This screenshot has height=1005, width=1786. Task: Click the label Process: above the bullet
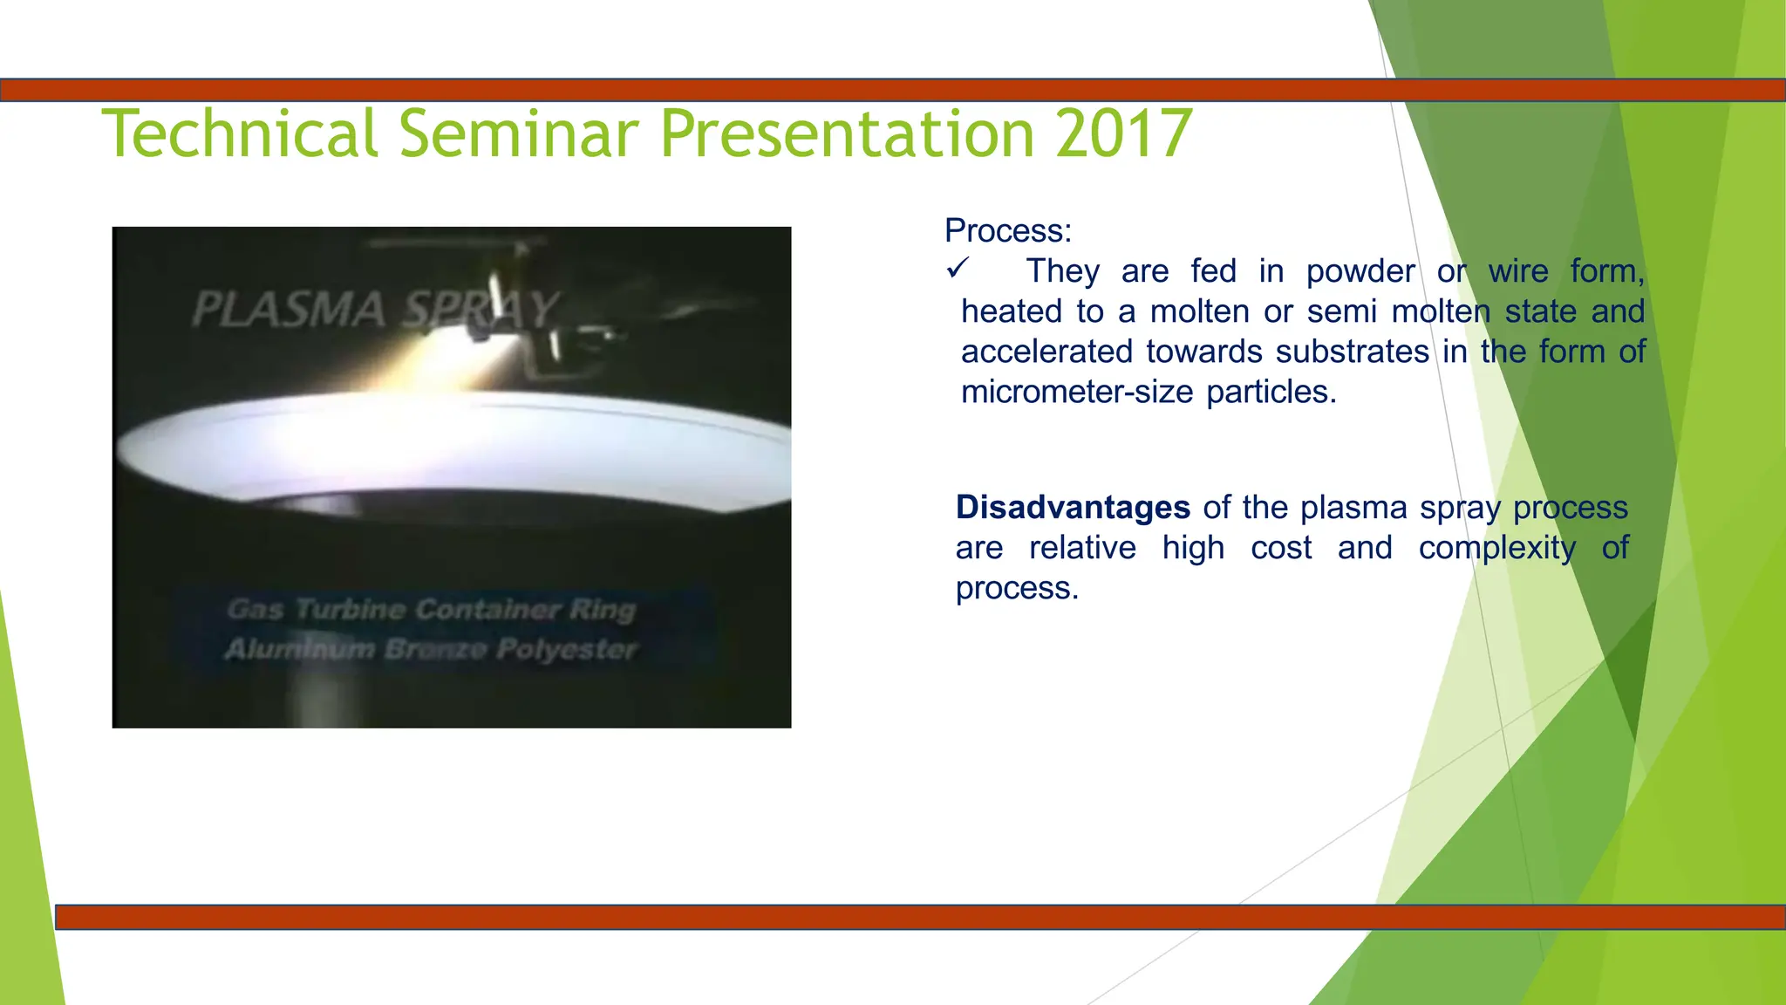click(x=1007, y=230)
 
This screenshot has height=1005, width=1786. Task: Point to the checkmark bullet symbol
click(x=957, y=269)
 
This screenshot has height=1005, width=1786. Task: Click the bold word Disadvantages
click(x=1073, y=507)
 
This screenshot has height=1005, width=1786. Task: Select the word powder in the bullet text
click(x=1360, y=271)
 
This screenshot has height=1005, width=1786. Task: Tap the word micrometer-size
click(x=1076, y=392)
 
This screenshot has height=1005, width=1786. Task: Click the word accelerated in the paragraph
click(x=1046, y=352)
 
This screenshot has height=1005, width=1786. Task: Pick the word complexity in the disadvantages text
click(x=1496, y=548)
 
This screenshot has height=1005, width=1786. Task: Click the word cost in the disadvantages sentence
click(x=1280, y=548)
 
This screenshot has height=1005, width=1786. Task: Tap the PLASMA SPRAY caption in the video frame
click(x=375, y=310)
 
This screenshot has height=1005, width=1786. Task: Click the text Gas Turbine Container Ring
click(x=431, y=609)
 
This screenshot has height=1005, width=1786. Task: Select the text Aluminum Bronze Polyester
click(x=431, y=649)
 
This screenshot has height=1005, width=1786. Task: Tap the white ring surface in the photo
click(x=453, y=445)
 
